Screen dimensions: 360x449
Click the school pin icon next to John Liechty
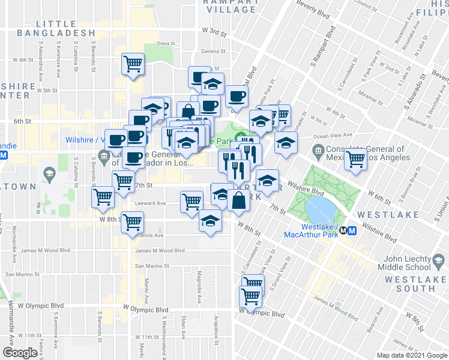[x=439, y=260]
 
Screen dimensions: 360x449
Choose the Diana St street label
[x=164, y=44]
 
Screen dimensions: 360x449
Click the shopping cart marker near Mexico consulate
[x=357, y=158]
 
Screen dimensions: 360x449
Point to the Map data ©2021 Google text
[x=411, y=355]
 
